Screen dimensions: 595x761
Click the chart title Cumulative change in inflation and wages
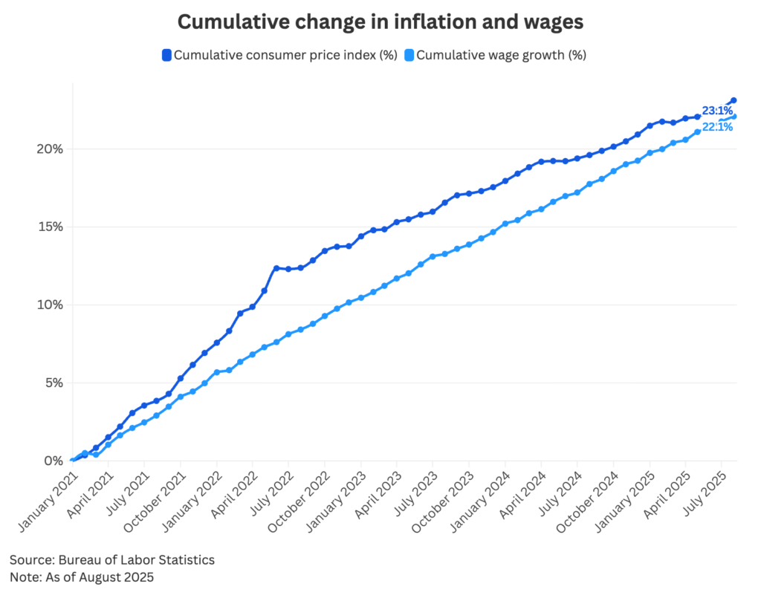(380, 22)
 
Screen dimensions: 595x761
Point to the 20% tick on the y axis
(50, 149)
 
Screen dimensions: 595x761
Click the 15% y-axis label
(50, 227)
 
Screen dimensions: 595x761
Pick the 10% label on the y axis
(50, 305)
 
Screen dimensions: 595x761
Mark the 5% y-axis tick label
(52, 383)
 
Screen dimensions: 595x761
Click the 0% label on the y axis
(52, 461)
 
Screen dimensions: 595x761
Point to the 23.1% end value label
(717, 111)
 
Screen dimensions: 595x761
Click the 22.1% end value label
(717, 127)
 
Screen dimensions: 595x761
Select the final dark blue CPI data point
(734, 100)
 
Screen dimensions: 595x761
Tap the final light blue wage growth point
(734, 116)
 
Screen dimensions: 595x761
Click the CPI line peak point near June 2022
(276, 268)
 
